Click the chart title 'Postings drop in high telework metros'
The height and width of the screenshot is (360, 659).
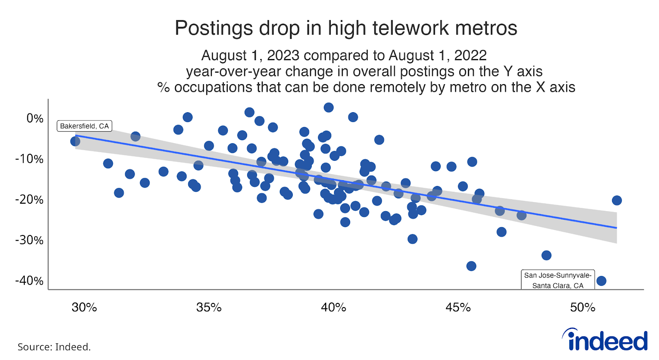click(x=346, y=28)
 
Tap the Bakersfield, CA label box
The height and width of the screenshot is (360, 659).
click(x=84, y=126)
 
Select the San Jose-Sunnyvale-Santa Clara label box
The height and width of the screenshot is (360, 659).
click(x=558, y=280)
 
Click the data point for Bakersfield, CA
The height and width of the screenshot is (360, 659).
click(x=75, y=141)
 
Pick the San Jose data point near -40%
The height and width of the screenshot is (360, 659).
click(x=601, y=281)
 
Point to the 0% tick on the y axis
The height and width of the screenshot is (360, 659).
click(x=35, y=118)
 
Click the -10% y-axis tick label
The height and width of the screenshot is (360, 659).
click(x=29, y=159)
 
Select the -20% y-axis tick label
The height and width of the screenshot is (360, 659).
click(x=29, y=200)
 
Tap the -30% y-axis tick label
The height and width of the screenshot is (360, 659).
click(x=29, y=240)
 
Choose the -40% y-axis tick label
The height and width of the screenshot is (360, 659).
click(x=29, y=281)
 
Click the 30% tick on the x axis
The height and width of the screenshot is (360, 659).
click(x=84, y=308)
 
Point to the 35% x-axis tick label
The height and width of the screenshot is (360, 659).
click(x=209, y=308)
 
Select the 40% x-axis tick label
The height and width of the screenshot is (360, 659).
click(x=334, y=308)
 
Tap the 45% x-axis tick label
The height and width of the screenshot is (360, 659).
click(x=458, y=308)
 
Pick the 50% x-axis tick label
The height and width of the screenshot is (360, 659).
click(x=583, y=308)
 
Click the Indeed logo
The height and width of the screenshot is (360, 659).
click(x=605, y=340)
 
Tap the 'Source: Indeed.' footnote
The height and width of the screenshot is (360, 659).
click(x=54, y=347)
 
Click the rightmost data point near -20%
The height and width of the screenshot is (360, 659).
click(x=617, y=201)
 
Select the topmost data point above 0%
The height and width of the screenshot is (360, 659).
click(x=329, y=108)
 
